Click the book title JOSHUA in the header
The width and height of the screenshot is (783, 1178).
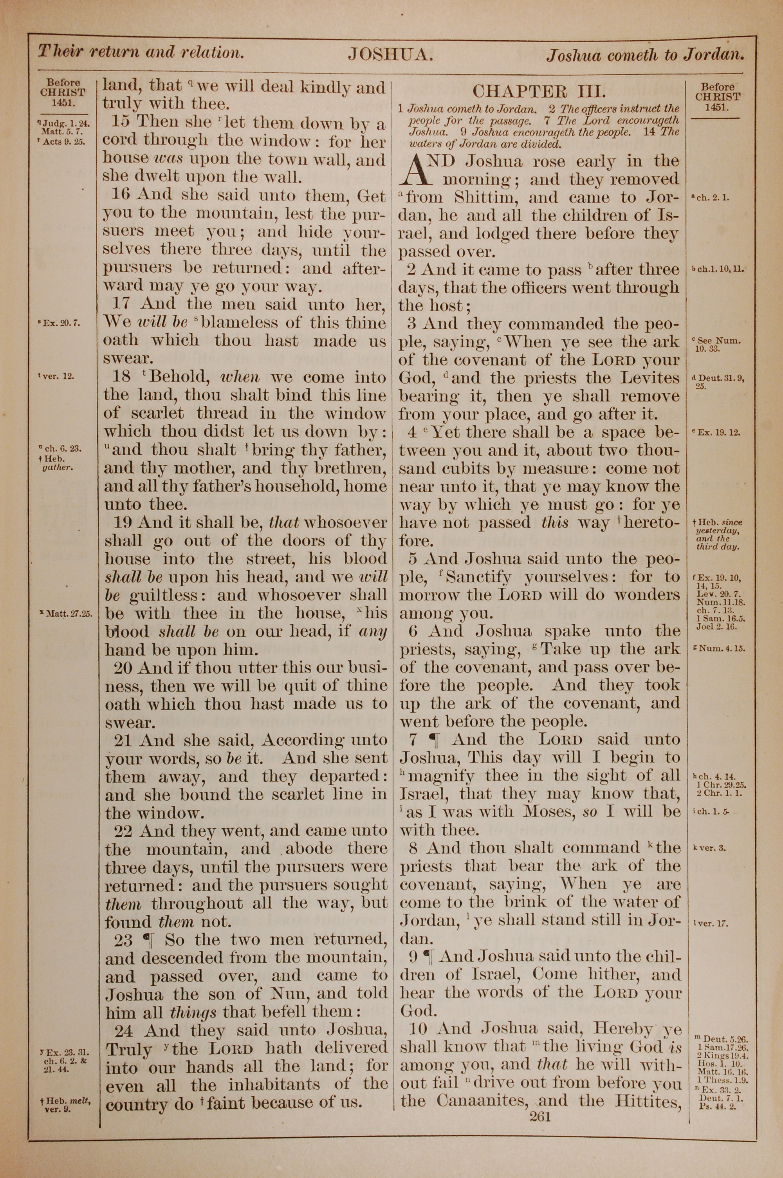pyautogui.click(x=390, y=54)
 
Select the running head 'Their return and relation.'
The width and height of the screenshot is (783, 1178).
pyautogui.click(x=141, y=52)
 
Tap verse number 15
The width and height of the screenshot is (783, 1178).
pyautogui.click(x=121, y=122)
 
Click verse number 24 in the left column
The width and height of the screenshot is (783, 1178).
pyautogui.click(x=126, y=1029)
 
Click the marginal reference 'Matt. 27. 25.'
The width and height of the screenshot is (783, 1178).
pyautogui.click(x=69, y=614)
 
